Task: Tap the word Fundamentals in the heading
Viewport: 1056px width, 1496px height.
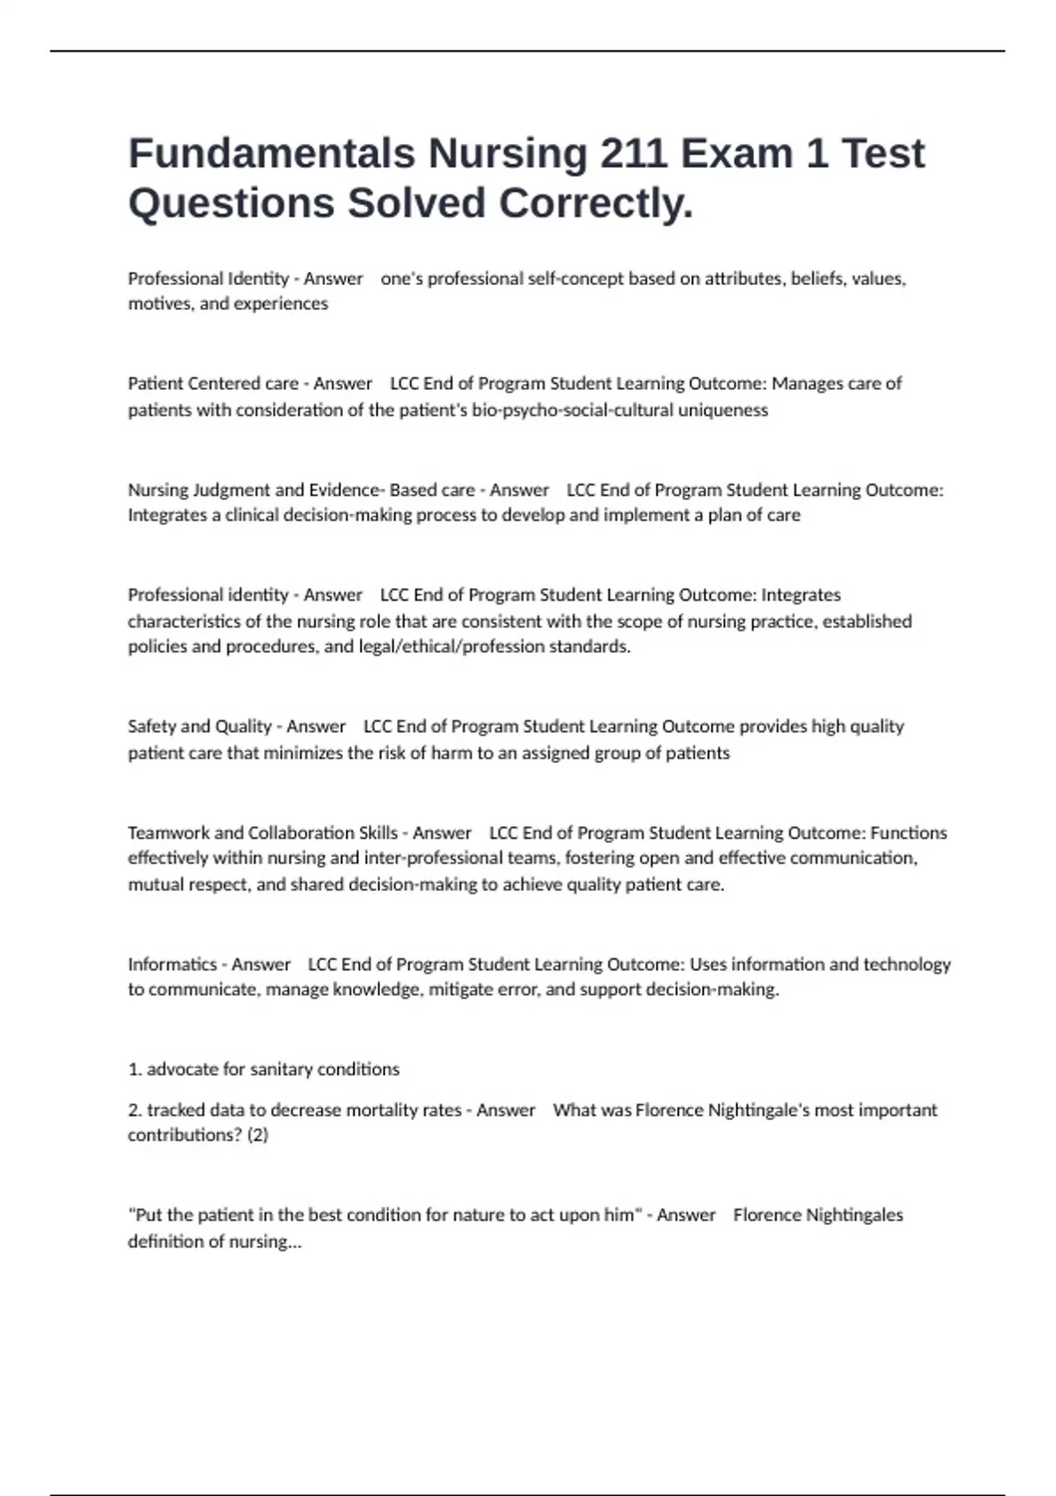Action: pyautogui.click(x=271, y=153)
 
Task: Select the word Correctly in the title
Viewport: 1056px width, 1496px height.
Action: pyautogui.click(x=596, y=203)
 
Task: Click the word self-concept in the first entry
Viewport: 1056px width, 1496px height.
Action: pyautogui.click(x=575, y=279)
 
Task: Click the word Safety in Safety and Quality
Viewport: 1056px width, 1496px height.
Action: pyautogui.click(x=152, y=727)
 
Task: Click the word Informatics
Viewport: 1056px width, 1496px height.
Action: pyautogui.click(x=172, y=964)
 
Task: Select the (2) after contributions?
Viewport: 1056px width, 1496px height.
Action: pyautogui.click(x=258, y=1136)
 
